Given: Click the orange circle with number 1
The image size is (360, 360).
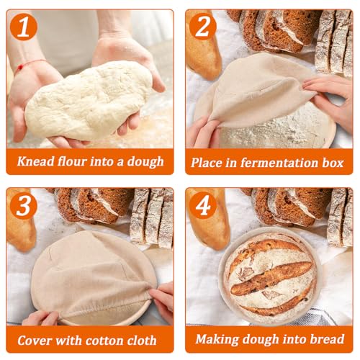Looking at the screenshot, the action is click(24, 27).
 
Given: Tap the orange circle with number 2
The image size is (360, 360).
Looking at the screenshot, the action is click(203, 27).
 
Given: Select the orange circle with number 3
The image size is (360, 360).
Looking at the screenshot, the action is click(23, 205).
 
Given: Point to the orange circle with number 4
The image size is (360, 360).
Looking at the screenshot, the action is click(203, 205).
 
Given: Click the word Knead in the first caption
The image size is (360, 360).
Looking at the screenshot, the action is click(36, 161).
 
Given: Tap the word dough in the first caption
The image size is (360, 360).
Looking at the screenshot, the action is click(145, 162).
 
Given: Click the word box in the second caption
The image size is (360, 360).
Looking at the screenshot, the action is click(333, 163).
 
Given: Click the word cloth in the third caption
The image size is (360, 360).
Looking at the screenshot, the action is click(143, 341).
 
